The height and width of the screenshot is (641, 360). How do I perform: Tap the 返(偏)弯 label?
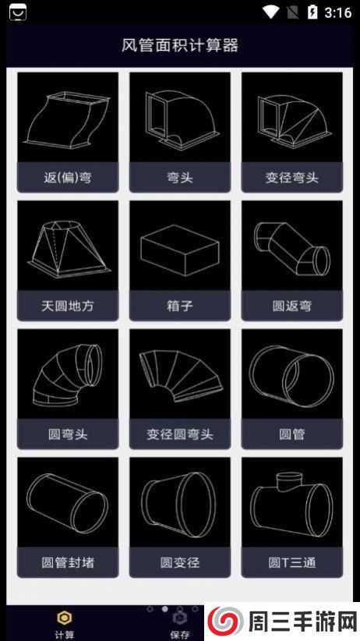(68, 177)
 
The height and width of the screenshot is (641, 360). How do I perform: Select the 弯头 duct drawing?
(180, 118)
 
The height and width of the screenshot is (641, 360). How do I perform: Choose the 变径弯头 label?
(292, 177)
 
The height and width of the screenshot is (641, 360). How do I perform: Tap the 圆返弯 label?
(292, 306)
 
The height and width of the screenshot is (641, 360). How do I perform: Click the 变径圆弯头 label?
(180, 434)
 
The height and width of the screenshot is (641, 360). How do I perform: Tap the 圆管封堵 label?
(68, 561)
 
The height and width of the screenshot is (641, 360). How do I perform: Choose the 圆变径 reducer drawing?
(180, 502)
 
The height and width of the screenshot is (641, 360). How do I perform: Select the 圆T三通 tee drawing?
(292, 502)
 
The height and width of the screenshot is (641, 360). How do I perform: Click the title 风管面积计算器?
(180, 44)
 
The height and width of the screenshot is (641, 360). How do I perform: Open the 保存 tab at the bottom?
(179, 624)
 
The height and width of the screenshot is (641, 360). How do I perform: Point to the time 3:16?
(337, 12)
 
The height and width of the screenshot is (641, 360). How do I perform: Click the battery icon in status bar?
(312, 12)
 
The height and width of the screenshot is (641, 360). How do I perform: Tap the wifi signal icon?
(270, 12)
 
